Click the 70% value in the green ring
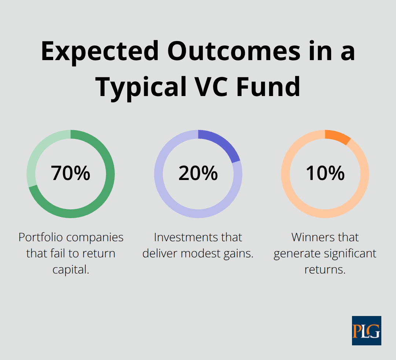click(x=70, y=173)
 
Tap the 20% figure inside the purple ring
click(x=198, y=173)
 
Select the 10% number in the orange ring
click(x=325, y=173)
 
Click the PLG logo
click(x=366, y=330)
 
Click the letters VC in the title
click(x=217, y=87)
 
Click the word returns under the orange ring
click(x=325, y=269)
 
